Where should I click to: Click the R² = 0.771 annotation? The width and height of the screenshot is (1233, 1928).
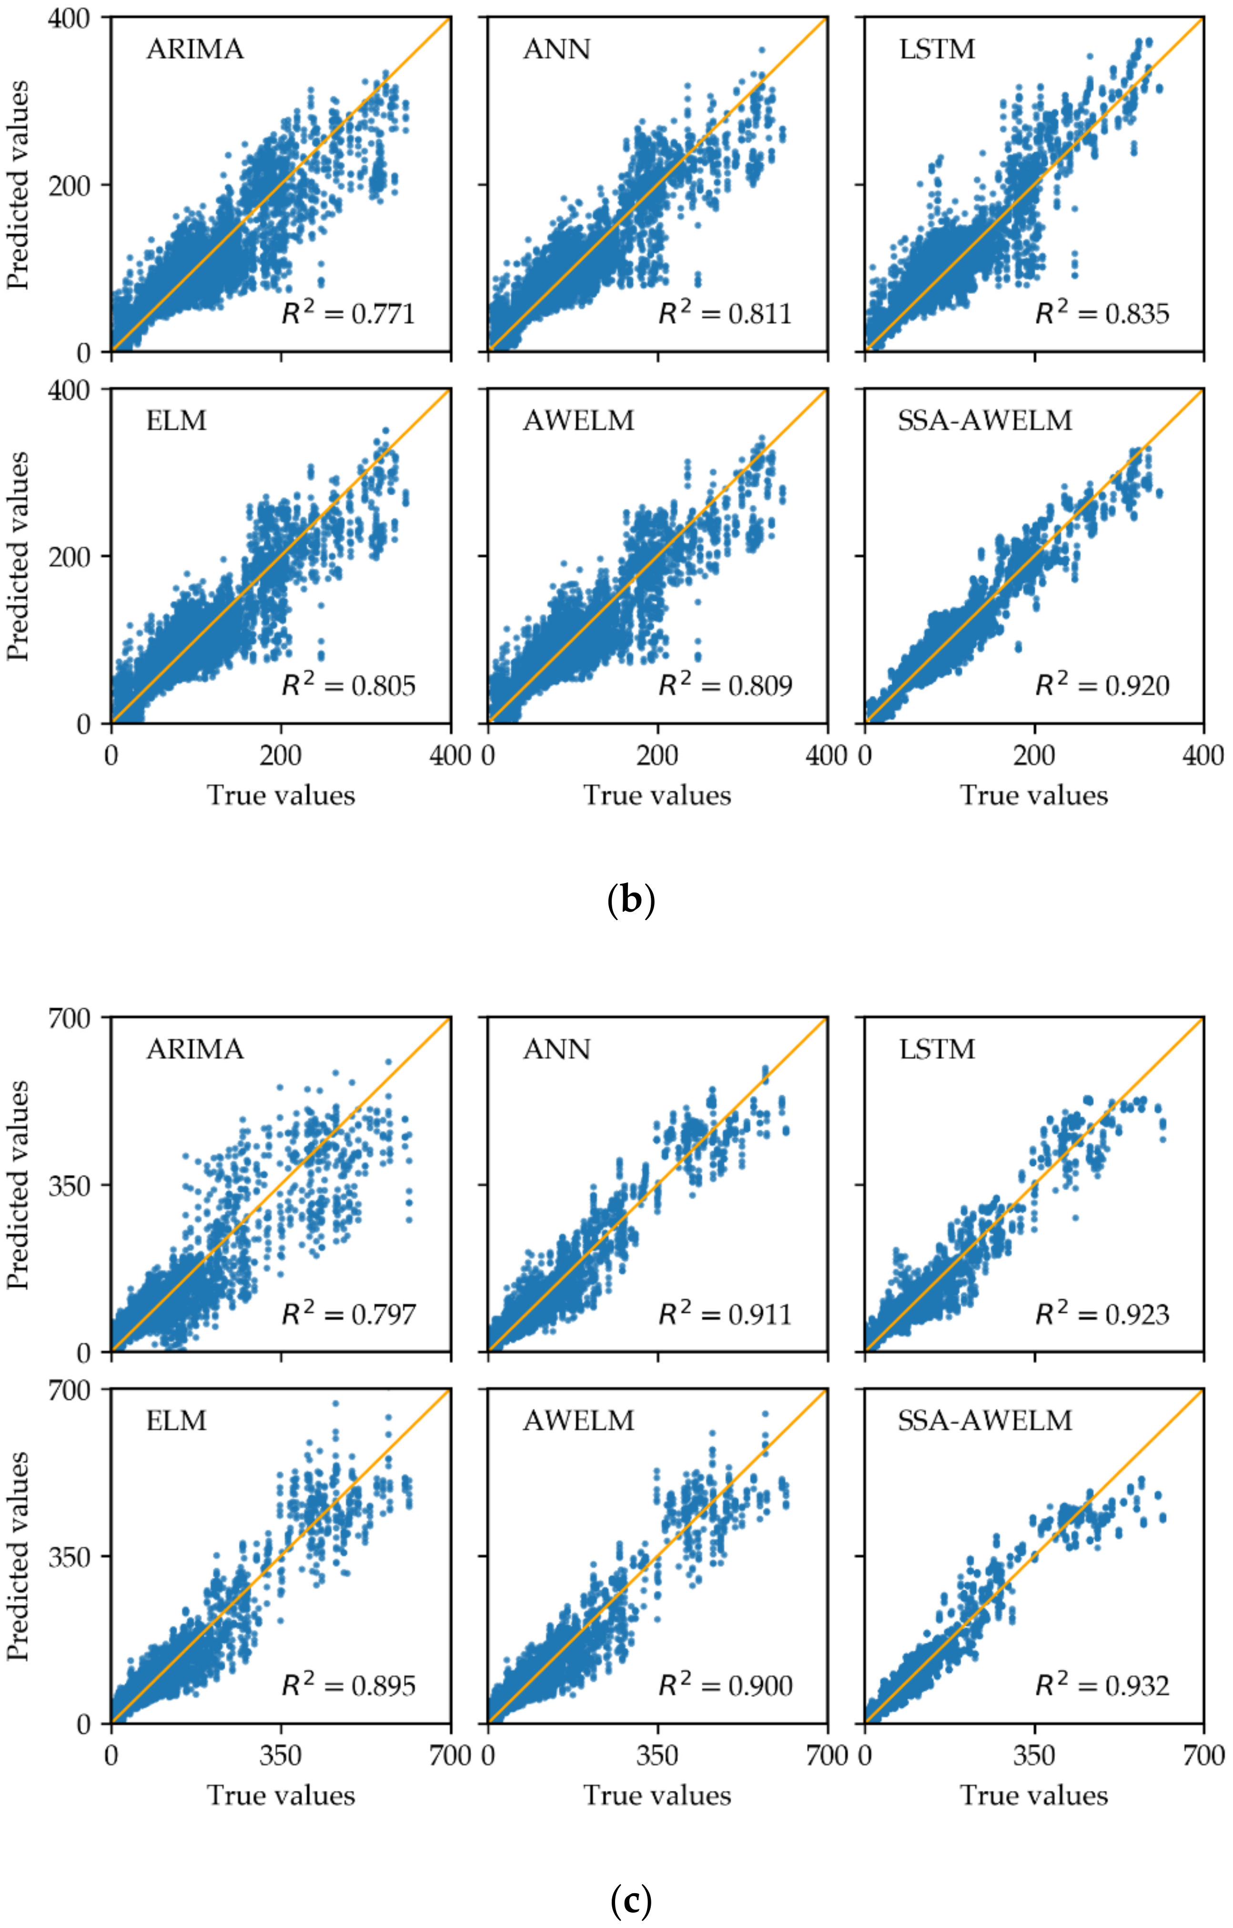click(348, 312)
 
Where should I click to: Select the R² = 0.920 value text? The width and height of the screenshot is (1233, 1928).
click(1102, 684)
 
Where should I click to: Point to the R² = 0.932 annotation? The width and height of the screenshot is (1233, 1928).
click(1102, 1686)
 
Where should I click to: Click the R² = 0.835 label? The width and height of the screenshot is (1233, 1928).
click(1102, 312)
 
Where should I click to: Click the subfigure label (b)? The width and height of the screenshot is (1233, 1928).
click(631, 901)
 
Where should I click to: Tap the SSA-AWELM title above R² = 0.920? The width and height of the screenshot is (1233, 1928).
click(985, 421)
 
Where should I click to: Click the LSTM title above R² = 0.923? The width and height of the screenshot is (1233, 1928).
click(938, 1049)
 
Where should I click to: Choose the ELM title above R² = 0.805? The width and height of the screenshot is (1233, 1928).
click(176, 421)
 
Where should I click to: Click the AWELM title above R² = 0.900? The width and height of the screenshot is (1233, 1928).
click(579, 1420)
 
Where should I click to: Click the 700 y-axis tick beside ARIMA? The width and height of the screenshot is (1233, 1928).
click(69, 1018)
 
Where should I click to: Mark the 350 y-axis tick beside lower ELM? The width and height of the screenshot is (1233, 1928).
click(69, 1556)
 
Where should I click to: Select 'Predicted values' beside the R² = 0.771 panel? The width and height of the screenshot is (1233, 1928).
click(18, 184)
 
